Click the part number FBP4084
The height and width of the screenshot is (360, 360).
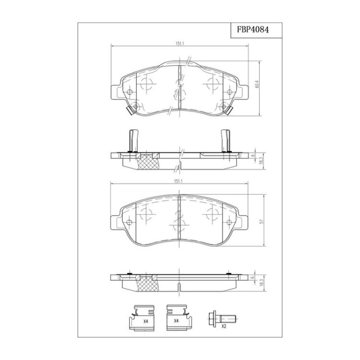[x=253, y=30]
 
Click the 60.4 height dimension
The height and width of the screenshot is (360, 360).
[x=257, y=84]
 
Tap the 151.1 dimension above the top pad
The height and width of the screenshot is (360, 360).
[x=180, y=44]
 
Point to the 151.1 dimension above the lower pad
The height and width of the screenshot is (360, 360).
[x=178, y=181]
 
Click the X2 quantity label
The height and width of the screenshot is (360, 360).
[x=224, y=326]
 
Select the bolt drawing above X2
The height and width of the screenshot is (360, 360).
[x=223, y=318]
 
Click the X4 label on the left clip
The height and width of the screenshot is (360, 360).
[x=145, y=322]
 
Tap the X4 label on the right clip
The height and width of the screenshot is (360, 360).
[x=176, y=321]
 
